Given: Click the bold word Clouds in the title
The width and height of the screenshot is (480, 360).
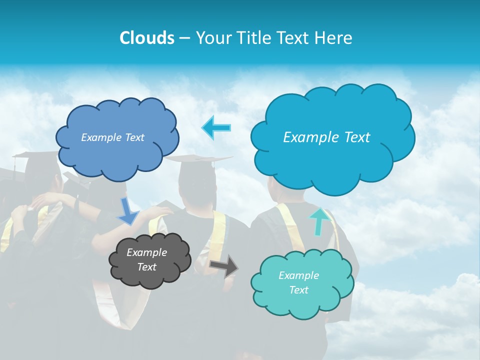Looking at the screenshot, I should pos(146,38).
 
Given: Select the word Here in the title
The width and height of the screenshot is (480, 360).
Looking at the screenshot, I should pos(335,38).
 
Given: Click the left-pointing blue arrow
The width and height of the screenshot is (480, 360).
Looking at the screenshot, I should pos(216,127).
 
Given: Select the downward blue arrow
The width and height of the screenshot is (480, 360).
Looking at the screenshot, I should pos(127,211).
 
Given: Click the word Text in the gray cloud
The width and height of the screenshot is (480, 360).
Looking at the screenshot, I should pos(146,267).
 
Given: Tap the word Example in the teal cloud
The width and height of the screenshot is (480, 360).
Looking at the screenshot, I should pos(298,275).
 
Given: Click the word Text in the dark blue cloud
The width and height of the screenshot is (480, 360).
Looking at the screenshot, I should pos(133,137).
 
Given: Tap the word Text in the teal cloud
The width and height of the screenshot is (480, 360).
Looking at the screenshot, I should pos(298,290).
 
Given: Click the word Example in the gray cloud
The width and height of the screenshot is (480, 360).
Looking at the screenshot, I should pos(146,252).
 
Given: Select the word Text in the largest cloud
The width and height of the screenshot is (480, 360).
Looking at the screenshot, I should pos(357,137).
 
